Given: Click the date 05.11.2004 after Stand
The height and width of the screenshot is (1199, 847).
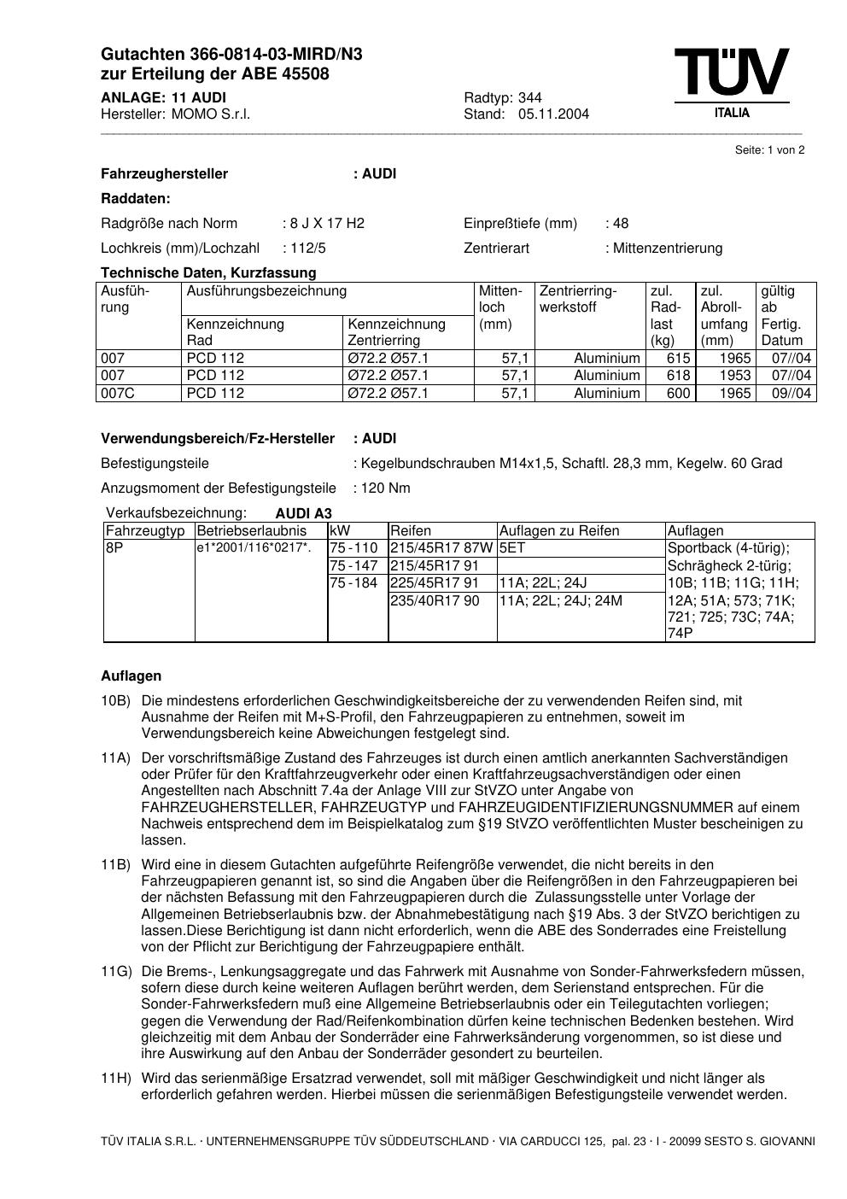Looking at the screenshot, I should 553,114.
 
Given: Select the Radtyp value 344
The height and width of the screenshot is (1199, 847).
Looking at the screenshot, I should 529,97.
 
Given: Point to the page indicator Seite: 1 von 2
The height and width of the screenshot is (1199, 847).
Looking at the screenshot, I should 769,150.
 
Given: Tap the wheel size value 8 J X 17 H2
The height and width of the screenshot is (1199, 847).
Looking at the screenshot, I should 327,224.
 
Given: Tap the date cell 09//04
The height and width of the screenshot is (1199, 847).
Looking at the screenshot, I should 792,394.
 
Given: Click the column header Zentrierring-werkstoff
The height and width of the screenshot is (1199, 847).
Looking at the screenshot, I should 578,299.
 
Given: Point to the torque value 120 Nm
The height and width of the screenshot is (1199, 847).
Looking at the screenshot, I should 385,488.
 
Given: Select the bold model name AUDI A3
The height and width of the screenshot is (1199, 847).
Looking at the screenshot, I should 303,514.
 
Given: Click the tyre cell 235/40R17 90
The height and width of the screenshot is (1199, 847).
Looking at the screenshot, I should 435,601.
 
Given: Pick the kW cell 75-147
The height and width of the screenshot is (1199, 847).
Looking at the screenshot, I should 353,566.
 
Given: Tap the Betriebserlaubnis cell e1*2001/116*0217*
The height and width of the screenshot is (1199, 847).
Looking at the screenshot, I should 254,548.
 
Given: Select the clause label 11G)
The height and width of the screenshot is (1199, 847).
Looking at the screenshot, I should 116,972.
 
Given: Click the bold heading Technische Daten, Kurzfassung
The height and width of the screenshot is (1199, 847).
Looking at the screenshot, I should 208,273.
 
